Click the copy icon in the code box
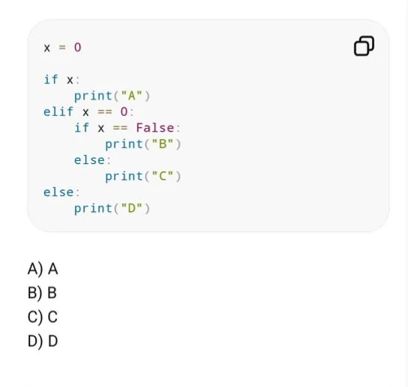[364, 46]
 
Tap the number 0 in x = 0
[78, 48]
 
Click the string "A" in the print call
[132, 96]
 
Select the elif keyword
[58, 112]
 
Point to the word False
[155, 128]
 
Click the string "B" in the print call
[162, 144]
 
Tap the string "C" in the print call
[162, 176]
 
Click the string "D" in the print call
[132, 208]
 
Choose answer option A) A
[43, 269]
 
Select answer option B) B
[42, 293]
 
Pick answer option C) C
[43, 317]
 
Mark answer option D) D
[43, 341]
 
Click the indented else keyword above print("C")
[89, 160]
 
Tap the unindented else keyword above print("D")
[58, 192]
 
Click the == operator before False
[120, 128]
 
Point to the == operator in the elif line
[105, 112]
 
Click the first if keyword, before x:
[50, 79]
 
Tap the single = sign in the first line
[62, 48]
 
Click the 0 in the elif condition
[124, 112]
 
